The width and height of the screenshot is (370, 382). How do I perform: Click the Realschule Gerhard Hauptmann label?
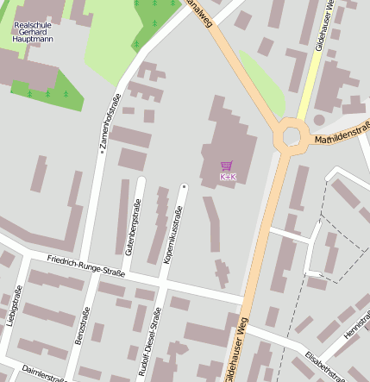[x=34, y=31]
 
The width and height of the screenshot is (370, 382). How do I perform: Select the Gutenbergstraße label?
[x=134, y=225]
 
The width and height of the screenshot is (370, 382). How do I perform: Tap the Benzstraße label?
[x=84, y=326]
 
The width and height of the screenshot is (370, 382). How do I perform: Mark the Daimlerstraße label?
[x=43, y=373]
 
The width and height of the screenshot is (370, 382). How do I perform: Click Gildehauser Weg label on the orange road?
[x=239, y=349]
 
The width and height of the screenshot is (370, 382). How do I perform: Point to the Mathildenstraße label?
[x=342, y=134]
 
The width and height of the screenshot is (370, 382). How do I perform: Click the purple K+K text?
[x=228, y=177]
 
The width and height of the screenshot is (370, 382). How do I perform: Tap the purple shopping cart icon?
[x=227, y=166]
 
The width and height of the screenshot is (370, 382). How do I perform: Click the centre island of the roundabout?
[x=292, y=135]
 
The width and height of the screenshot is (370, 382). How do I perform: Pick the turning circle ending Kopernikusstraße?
[x=184, y=185]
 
